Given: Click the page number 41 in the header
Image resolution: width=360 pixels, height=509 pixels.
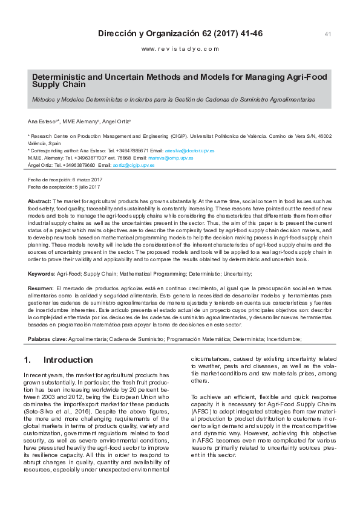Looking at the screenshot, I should [x=328, y=34].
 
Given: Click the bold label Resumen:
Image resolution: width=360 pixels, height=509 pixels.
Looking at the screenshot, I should [x=41, y=288].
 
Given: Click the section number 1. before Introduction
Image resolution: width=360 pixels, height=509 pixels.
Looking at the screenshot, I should [x=27, y=360].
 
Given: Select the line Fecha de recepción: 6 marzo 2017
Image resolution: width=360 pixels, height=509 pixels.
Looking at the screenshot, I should [x=65, y=180].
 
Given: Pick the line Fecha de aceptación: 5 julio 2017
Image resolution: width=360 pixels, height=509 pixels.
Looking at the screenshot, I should [x=65, y=187].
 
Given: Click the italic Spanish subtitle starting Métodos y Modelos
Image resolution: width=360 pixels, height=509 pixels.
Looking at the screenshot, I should [x=173, y=98].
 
